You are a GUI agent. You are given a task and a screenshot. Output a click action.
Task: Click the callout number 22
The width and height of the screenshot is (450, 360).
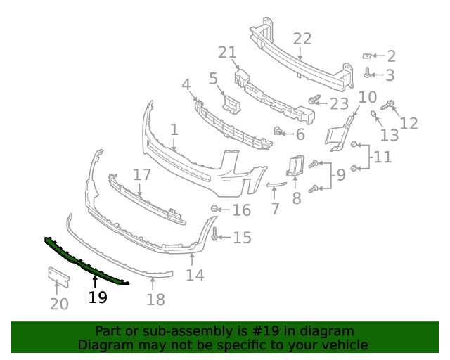[x=302, y=38]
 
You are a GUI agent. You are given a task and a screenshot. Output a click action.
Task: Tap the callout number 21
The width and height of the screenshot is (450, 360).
[x=228, y=52]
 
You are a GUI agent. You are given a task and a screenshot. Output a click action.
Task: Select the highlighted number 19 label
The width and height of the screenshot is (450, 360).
[x=98, y=297]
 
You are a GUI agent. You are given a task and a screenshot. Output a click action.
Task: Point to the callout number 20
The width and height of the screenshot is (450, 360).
[x=59, y=304]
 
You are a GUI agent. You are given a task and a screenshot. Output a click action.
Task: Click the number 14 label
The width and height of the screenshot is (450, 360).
[x=195, y=275]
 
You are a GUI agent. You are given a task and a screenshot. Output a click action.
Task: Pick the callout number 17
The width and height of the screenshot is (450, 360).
[x=142, y=174]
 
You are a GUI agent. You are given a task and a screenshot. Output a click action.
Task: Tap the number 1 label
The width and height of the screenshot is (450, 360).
[x=174, y=130]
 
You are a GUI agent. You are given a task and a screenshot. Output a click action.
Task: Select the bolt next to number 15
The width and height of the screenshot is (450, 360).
[x=214, y=237]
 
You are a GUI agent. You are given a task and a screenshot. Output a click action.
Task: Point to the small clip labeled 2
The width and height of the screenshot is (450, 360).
[x=366, y=56]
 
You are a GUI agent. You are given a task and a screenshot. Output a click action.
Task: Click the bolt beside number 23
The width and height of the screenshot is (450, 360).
[x=314, y=102]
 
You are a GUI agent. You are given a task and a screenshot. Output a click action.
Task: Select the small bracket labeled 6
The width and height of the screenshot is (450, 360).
[x=278, y=131]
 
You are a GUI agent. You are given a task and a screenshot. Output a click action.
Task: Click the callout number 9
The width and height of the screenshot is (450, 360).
[x=340, y=174]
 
